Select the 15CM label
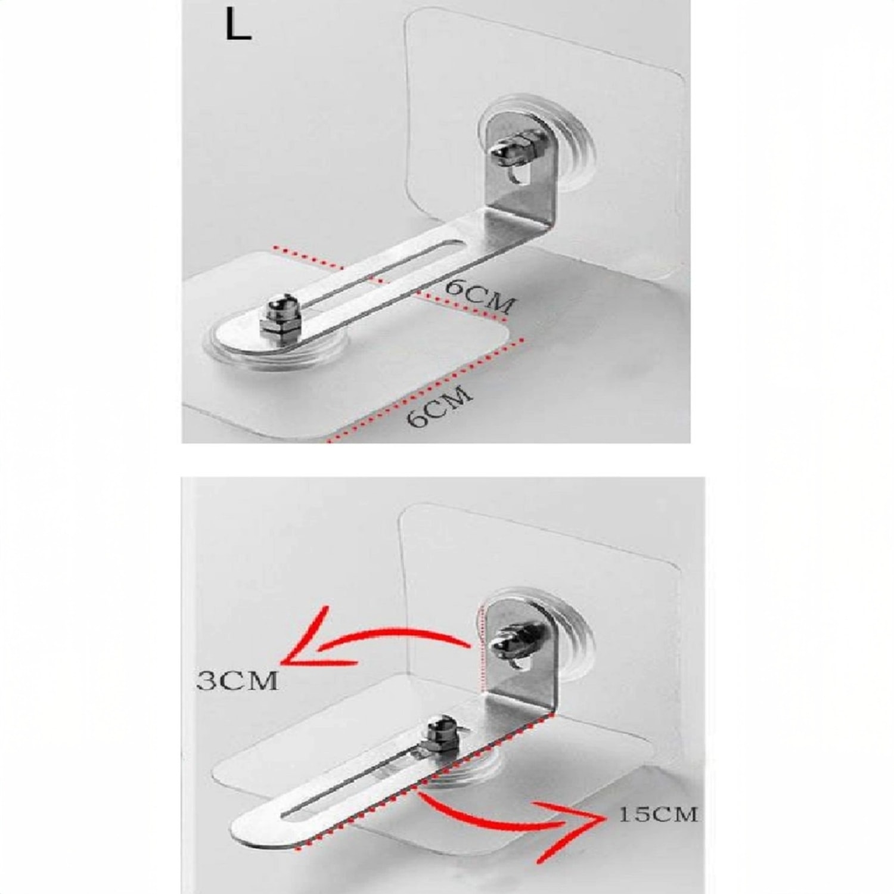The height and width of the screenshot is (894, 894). click(x=657, y=814)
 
